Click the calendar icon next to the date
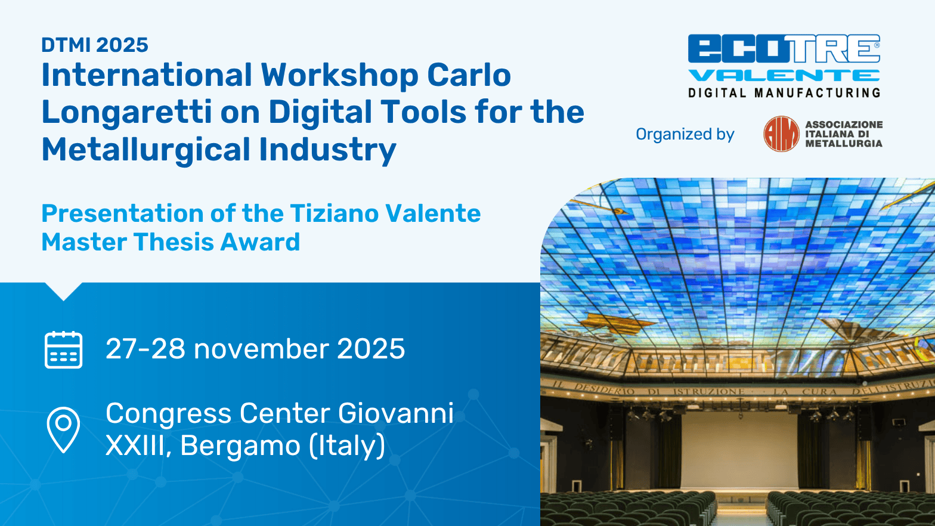pos(63,349)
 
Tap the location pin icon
pos(63,430)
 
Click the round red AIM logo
pos(781,134)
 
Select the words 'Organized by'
pos(685,134)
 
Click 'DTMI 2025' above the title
pos(95,45)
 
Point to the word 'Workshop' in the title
pos(339,76)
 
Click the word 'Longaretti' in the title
pos(126,113)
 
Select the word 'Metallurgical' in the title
pos(145,150)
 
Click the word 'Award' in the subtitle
pos(260,242)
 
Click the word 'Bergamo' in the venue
pos(240,445)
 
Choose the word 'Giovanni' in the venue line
pos(396,413)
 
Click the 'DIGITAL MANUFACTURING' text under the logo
pos(784,92)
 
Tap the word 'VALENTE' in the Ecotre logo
pos(784,76)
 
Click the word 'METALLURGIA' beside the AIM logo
pos(844,144)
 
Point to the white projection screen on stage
pos(739,450)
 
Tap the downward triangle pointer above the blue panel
pos(63,292)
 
